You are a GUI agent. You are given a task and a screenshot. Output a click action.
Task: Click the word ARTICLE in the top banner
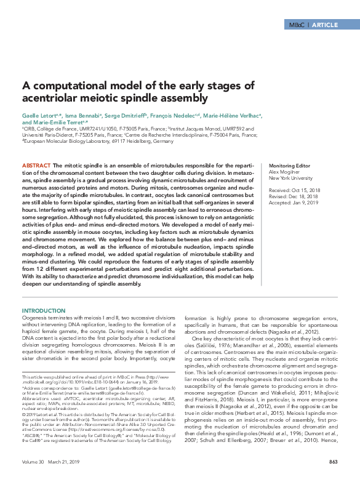tap(325, 25)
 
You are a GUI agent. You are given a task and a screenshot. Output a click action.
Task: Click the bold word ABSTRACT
tap(36, 166)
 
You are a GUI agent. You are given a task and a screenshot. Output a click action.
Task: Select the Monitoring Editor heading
tap(289, 166)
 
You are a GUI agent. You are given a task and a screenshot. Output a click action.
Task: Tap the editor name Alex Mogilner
tap(284, 173)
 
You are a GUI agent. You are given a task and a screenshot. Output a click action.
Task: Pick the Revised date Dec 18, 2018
tap(301, 196)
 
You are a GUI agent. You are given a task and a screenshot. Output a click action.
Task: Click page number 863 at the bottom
tap(333, 462)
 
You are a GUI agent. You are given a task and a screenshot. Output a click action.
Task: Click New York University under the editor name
tap(289, 179)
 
